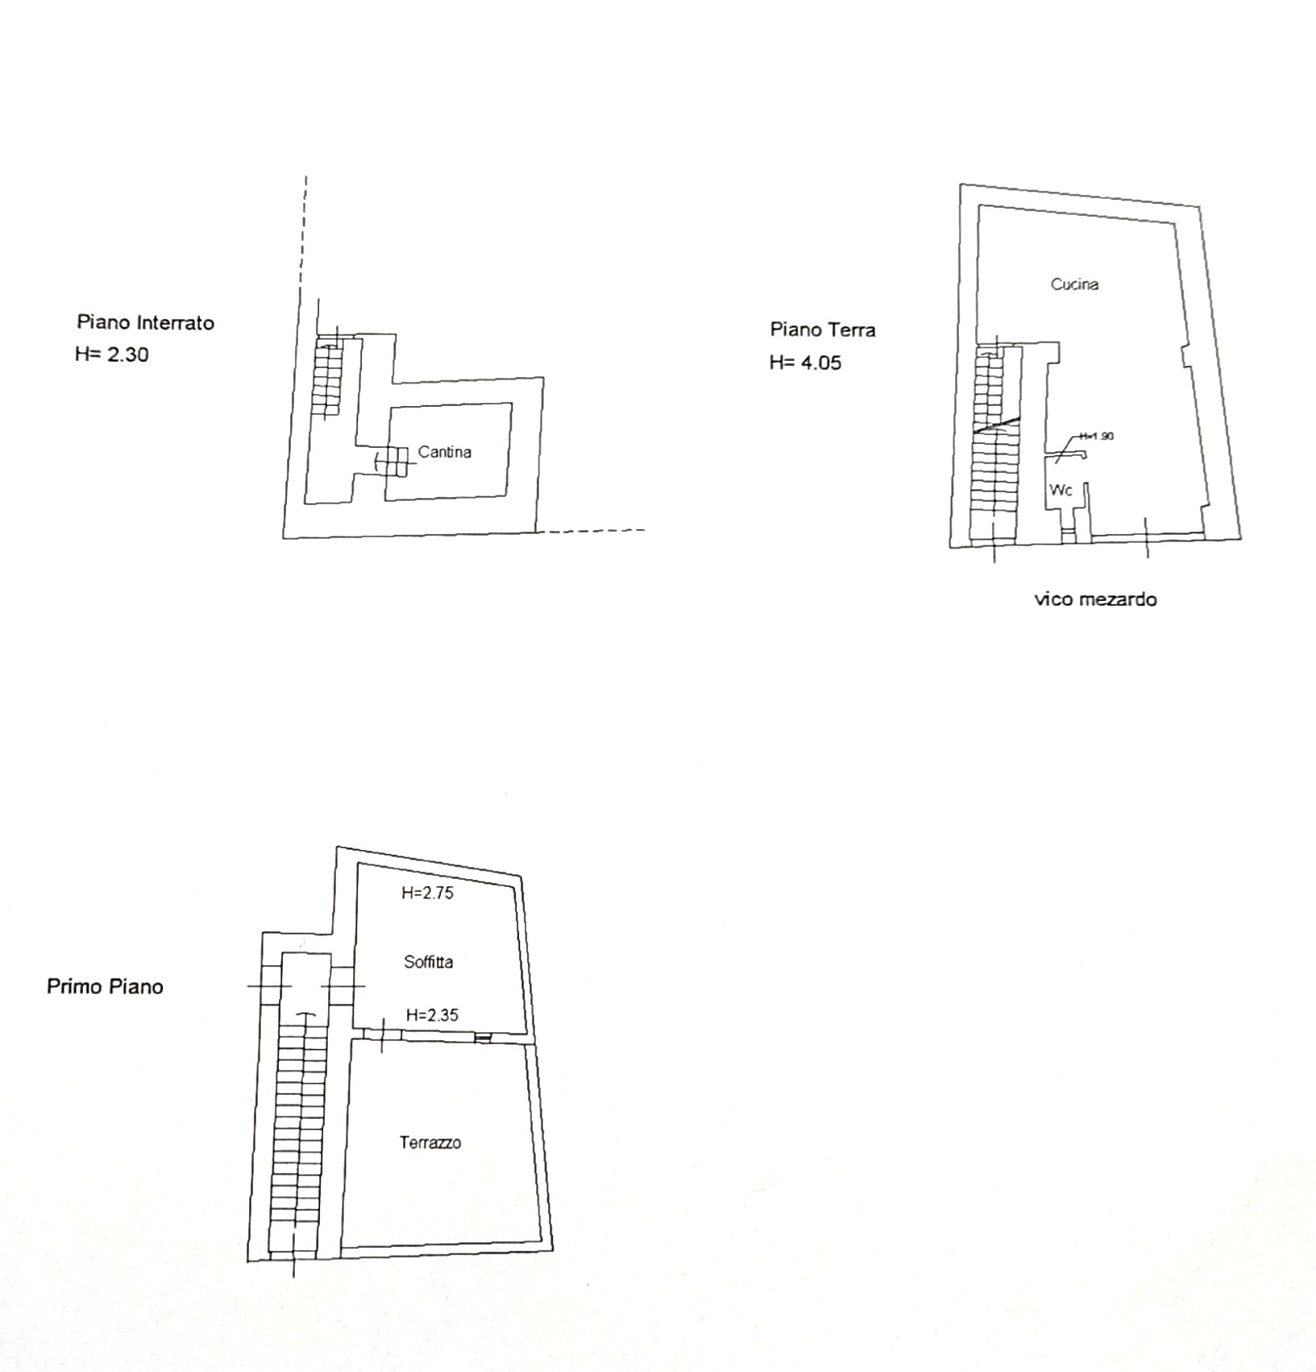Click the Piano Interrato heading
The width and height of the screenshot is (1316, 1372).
[x=146, y=322]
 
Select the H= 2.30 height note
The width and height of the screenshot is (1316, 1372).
[x=112, y=354]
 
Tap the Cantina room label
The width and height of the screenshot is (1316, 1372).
[x=445, y=452]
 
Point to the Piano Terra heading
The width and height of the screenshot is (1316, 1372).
[x=823, y=330]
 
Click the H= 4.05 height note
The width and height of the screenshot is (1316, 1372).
[x=805, y=363]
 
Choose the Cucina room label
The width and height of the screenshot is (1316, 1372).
[x=1074, y=284]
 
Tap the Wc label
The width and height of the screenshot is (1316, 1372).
[x=1061, y=490]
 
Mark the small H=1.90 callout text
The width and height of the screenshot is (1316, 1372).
[x=1097, y=436]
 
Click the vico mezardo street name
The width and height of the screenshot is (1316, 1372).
[x=1096, y=599]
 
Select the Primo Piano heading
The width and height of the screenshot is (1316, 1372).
[x=105, y=987]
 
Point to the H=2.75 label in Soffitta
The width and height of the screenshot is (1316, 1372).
[x=428, y=893]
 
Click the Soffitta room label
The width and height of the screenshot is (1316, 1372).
[x=429, y=961]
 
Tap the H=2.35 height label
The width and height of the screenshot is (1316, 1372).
[x=432, y=1015]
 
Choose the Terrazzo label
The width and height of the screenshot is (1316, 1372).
[x=430, y=1142]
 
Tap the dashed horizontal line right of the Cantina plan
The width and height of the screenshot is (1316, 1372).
[x=591, y=531]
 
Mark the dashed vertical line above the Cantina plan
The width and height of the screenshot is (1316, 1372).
[x=304, y=238]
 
